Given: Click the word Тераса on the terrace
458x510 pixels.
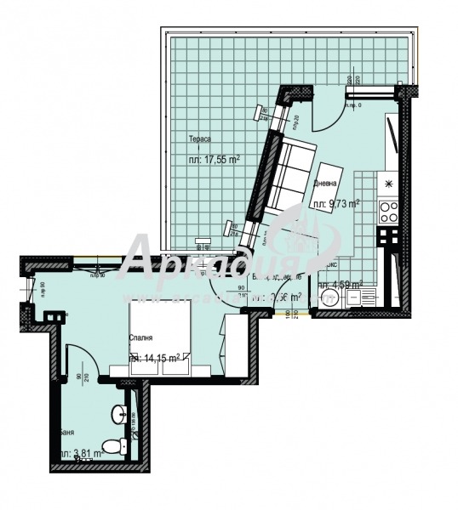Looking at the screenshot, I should [200, 138].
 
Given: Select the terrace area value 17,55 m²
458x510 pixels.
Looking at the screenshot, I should [213, 158].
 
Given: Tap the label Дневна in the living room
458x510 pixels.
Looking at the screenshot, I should [323, 184].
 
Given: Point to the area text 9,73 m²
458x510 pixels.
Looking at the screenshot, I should [337, 203].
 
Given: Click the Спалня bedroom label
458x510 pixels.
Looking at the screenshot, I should [140, 338].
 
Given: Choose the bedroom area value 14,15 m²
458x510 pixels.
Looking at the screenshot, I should [155, 358].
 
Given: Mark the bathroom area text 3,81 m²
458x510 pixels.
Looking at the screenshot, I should [82, 454].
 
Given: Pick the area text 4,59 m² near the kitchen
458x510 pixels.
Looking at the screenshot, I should [346, 285].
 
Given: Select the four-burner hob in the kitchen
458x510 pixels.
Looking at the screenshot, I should [389, 209].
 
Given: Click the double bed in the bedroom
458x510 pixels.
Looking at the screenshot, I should [162, 340].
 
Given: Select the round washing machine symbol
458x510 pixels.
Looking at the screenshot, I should [329, 299].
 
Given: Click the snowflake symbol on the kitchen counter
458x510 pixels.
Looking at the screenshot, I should [389, 182].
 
